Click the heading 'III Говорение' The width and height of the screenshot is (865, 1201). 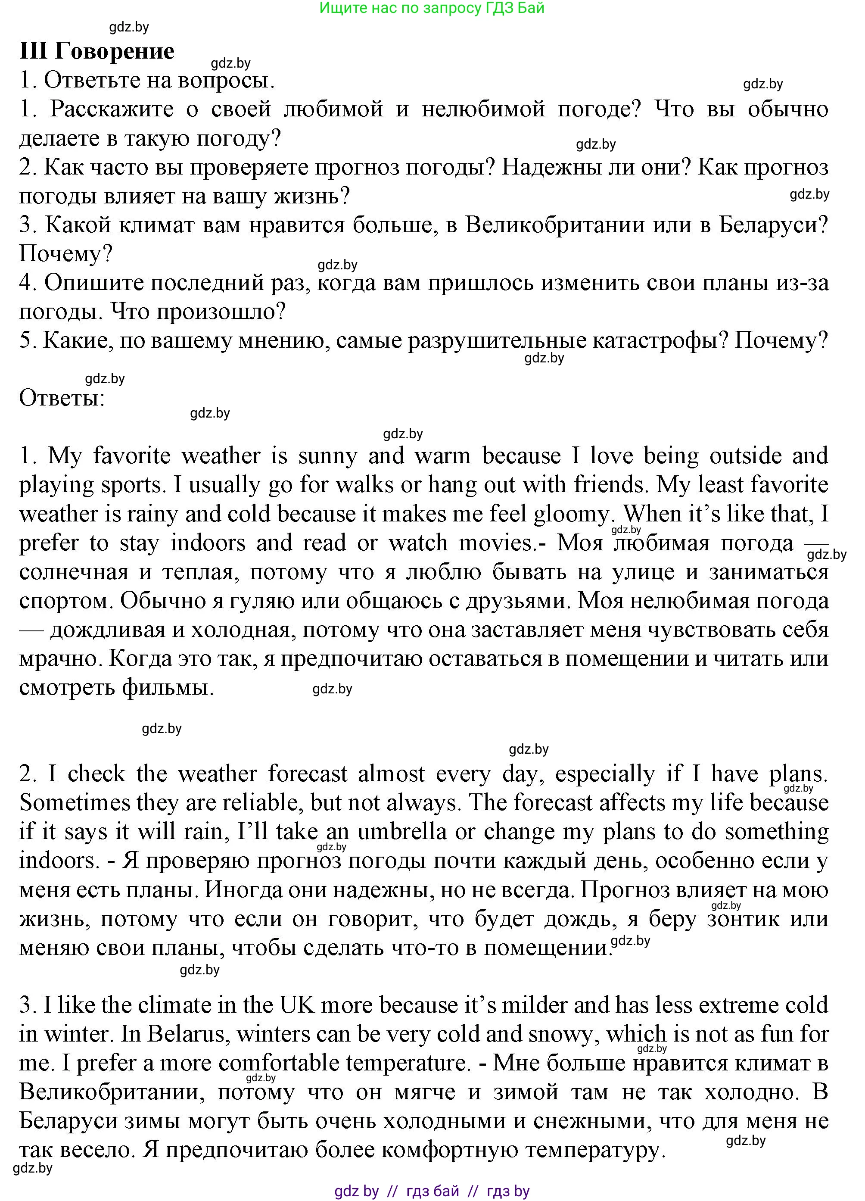click(97, 51)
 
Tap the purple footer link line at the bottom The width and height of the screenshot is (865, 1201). click(432, 1191)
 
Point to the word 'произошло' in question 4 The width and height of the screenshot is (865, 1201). click(198, 312)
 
